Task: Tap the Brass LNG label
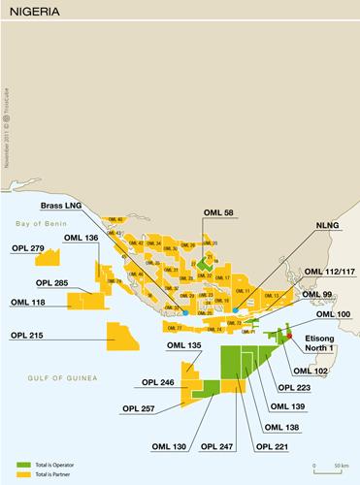(x=63, y=206)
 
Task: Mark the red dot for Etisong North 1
(x=288, y=336)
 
